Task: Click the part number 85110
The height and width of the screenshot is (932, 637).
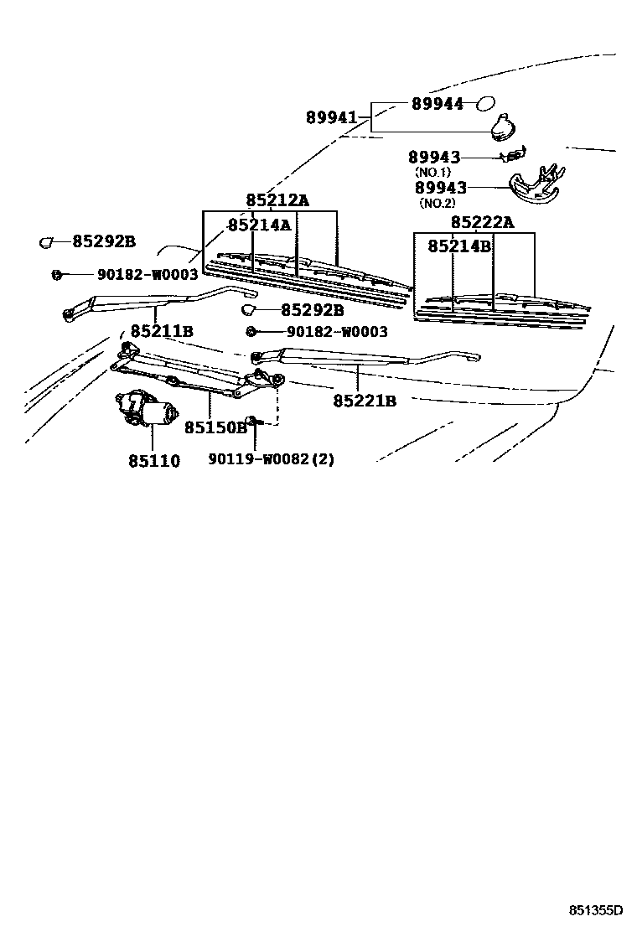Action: [x=153, y=461]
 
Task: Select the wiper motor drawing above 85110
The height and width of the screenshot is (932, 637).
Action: [x=148, y=408]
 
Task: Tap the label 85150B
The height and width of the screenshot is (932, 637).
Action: [x=215, y=427]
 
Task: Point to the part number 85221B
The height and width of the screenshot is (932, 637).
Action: [x=365, y=401]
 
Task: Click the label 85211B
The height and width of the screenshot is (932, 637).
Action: [x=162, y=332]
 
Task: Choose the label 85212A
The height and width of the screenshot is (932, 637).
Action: [x=277, y=200]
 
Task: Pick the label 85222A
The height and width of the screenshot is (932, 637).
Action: [x=482, y=222]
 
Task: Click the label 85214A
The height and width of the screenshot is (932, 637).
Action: [x=259, y=225]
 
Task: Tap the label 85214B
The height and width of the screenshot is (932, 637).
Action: [x=459, y=246]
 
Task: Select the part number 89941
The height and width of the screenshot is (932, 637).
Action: [x=331, y=118]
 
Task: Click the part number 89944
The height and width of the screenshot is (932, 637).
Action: [x=437, y=104]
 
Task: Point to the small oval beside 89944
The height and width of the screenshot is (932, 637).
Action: [x=485, y=104]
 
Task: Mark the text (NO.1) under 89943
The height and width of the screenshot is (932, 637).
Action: [x=433, y=172]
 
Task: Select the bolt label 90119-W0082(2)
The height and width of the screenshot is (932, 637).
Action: [x=271, y=459]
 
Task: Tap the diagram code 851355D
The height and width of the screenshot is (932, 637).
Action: [x=597, y=910]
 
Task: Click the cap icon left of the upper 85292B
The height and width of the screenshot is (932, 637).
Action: [x=46, y=242]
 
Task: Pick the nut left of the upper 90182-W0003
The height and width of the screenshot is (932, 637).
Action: [x=57, y=273]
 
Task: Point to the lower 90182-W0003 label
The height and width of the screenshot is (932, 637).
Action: [x=337, y=332]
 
